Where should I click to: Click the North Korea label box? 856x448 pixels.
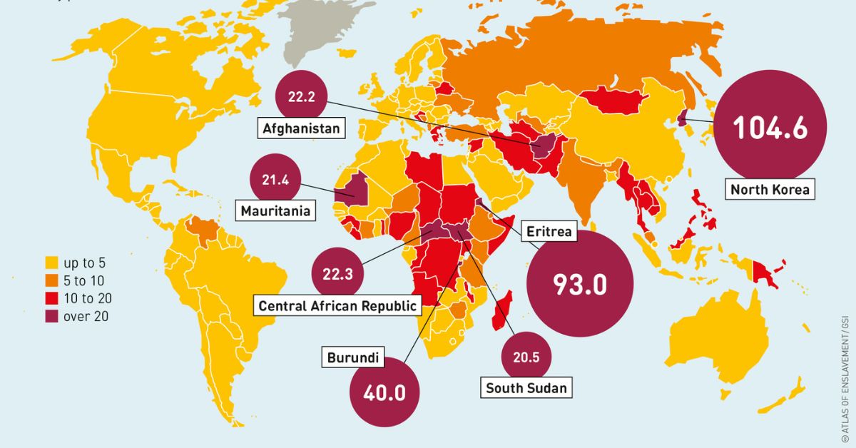pos(770,190)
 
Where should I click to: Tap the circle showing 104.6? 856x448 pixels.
pos(770,127)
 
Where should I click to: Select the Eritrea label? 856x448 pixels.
pos(549,232)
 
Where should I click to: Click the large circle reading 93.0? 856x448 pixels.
pos(580,284)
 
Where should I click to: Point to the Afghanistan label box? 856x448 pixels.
pos(300,129)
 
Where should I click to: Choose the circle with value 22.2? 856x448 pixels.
pos(302,97)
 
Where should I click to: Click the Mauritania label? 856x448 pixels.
pos(276,211)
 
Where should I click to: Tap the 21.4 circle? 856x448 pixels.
pos(275,180)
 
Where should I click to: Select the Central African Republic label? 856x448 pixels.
pos(337,306)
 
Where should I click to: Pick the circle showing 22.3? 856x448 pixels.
pos(337,274)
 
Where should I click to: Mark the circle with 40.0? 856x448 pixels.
pos(384,393)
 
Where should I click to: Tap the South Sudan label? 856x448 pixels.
pos(526,388)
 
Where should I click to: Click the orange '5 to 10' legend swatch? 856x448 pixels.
pos(51,280)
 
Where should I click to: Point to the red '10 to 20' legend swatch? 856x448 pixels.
pos(51,298)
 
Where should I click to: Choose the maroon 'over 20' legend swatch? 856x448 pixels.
pos(51,317)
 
